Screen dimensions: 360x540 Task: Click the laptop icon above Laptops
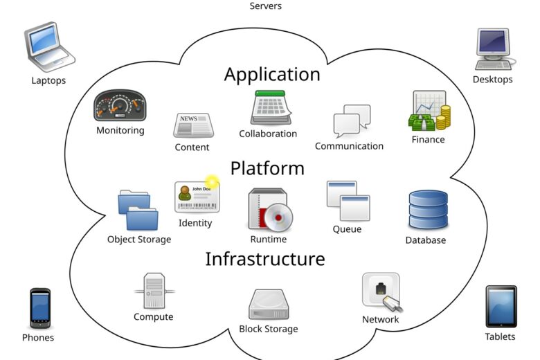(48, 48)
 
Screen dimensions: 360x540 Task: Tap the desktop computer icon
(492, 48)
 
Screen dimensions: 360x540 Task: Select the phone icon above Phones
(39, 308)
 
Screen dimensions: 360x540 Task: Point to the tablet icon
(500, 306)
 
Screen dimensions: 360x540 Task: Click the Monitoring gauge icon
(120, 105)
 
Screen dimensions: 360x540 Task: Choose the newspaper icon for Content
(192, 126)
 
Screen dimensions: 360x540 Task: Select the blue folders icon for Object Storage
(138, 210)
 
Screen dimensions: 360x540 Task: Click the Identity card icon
(196, 197)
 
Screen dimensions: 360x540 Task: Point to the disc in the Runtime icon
(279, 217)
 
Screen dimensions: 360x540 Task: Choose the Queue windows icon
(348, 201)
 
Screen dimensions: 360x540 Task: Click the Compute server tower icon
(154, 291)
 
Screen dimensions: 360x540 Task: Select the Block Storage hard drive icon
(268, 305)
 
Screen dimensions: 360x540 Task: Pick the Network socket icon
(381, 291)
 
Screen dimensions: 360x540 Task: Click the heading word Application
(272, 74)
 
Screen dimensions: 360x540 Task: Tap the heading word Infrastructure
(264, 259)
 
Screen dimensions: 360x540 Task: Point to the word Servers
(265, 6)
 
